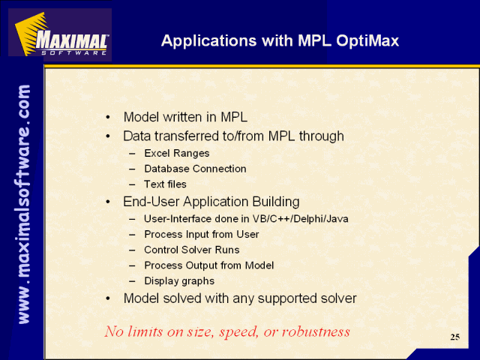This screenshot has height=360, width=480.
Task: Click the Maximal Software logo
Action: [60, 34]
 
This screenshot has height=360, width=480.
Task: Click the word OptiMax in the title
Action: [367, 40]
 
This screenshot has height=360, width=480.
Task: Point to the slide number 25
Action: [455, 337]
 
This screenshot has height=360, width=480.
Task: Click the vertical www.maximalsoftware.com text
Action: [24, 204]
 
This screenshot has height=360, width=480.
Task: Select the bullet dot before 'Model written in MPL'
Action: [107, 118]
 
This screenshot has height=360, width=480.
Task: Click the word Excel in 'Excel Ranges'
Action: [156, 153]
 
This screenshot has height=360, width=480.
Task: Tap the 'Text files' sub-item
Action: [165, 184]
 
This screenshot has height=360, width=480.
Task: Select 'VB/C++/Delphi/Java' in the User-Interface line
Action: [300, 219]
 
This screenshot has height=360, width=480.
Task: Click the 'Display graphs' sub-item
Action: [179, 281]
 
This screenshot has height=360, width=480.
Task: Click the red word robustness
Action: [316, 331]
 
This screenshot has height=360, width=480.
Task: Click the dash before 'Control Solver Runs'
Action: [132, 250]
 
